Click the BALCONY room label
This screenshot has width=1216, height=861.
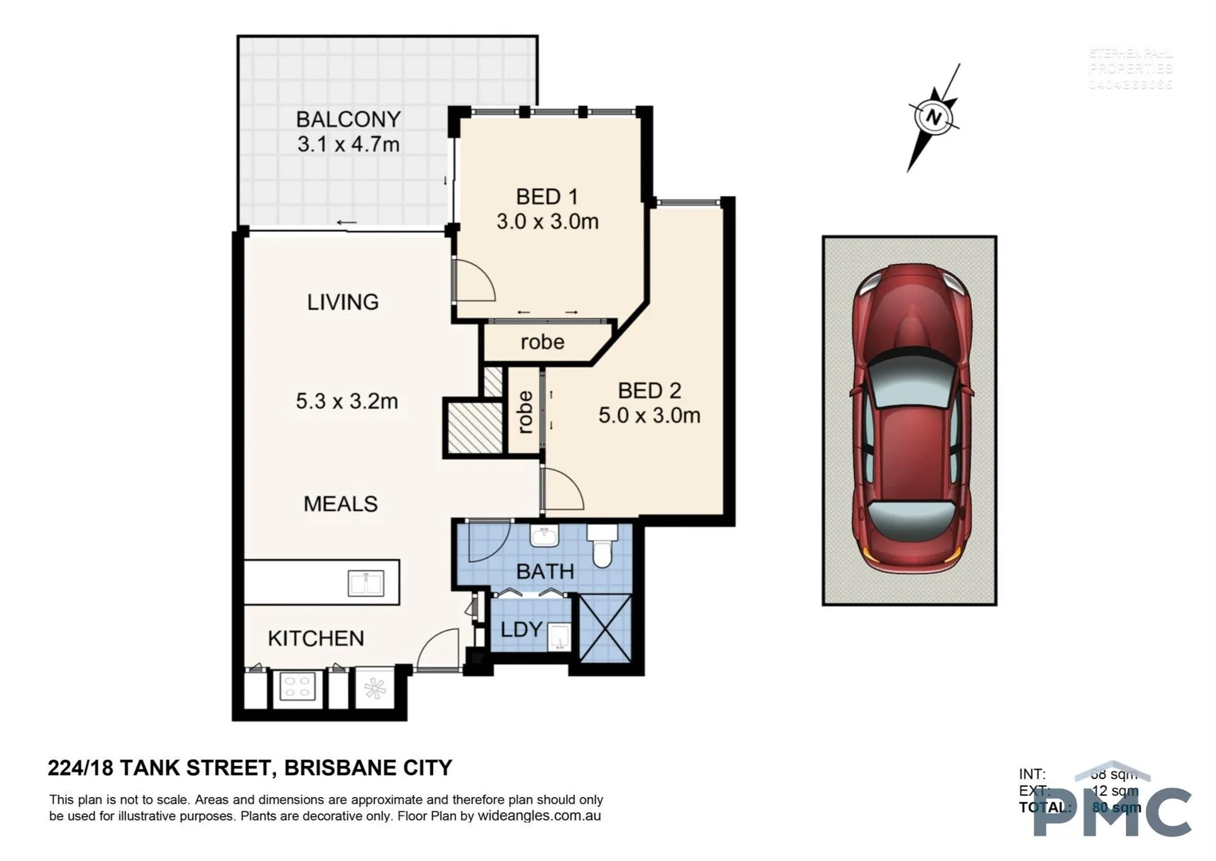348,119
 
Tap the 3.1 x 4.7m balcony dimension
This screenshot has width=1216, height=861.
348,144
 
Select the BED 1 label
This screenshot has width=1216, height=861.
546,196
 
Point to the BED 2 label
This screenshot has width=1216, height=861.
649,391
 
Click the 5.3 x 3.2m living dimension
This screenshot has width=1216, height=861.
346,401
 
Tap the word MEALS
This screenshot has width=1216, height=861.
340,504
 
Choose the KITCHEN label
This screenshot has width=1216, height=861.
316,638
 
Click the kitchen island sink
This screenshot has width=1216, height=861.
366,584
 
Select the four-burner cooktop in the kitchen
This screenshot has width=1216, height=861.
297,687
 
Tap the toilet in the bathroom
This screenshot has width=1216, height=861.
601,545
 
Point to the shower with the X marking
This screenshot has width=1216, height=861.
605,627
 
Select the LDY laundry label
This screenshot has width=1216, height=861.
521,629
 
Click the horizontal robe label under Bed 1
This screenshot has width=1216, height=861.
542,342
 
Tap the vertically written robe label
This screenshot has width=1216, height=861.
525,411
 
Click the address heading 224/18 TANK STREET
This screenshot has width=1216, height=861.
159,768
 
